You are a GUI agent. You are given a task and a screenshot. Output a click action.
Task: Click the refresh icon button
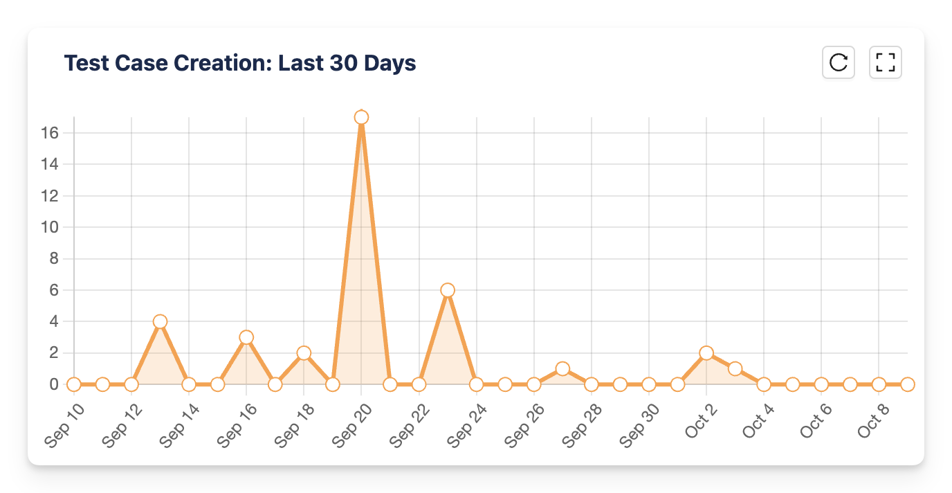[839, 62]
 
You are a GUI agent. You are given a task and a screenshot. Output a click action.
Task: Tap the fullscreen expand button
[885, 62]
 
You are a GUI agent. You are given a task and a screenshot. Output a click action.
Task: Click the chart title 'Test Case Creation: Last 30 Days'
[240, 64]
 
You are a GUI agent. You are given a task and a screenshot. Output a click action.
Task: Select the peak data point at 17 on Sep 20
[361, 117]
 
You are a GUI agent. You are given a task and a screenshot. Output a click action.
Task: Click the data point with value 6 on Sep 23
[448, 290]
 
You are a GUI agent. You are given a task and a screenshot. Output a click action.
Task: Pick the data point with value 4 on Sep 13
[160, 321]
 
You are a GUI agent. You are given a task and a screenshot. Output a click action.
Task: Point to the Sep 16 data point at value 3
[246, 337]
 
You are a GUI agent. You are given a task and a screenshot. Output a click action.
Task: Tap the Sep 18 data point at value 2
[304, 353]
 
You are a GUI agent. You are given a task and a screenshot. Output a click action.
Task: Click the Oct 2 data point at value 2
[706, 353]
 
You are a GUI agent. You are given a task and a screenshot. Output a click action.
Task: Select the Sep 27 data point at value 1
[562, 368]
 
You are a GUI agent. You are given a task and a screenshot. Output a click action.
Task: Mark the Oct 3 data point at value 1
[735, 368]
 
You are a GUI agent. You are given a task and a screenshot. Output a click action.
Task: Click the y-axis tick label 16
[48, 133]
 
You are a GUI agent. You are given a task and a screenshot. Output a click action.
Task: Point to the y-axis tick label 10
[48, 227]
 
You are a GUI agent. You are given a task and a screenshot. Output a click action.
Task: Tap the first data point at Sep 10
[73, 384]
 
